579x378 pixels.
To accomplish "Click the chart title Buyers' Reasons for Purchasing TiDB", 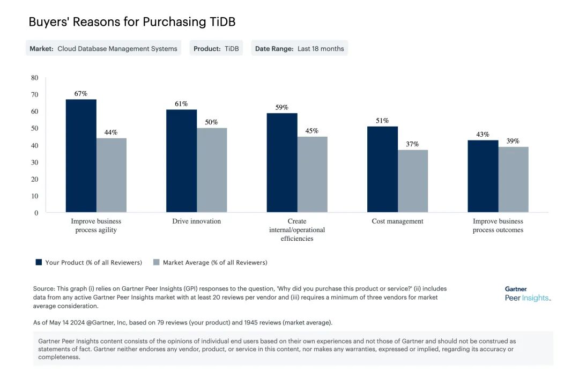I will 132,22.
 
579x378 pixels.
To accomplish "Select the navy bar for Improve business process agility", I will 81,155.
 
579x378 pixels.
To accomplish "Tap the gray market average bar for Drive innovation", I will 212,170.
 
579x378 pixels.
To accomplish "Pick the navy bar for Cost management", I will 382,169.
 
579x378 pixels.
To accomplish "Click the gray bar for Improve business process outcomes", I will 513,180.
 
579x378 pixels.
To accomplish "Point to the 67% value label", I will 81,94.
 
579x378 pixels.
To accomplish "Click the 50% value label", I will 212,122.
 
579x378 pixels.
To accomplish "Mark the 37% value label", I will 413,144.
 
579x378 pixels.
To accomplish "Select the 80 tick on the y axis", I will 35,78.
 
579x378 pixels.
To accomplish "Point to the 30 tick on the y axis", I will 35,162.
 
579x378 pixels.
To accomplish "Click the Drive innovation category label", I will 196,221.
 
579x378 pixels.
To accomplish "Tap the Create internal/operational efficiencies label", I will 297,229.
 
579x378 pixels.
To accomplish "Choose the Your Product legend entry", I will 88,263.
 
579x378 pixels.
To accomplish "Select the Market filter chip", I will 103,48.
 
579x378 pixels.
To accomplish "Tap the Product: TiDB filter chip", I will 216,48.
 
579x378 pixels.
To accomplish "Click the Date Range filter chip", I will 299,48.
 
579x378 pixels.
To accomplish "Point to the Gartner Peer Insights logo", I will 528,294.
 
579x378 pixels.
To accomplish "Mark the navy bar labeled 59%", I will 282,162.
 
